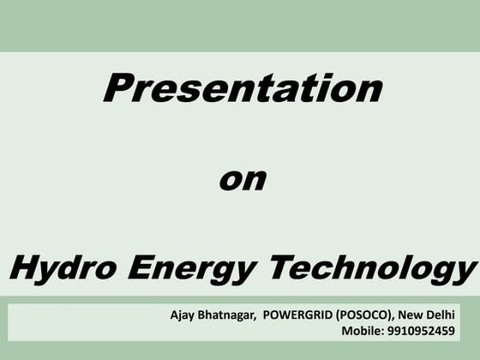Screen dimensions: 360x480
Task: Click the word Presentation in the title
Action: pyautogui.click(x=241, y=89)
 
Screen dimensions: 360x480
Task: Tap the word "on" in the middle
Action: pyautogui.click(x=243, y=181)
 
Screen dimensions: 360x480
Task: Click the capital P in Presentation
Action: pyautogui.click(x=120, y=87)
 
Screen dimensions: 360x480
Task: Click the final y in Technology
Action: pyautogui.click(x=464, y=273)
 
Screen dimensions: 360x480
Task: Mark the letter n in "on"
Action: pyautogui.click(x=255, y=182)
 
